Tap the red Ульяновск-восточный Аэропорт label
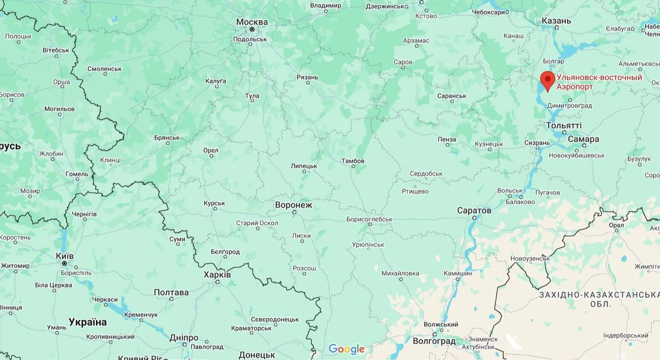pos(599,82)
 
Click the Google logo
pos(346,349)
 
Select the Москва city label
pos(252,22)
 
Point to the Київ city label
pos(65,256)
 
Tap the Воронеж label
pos(293,205)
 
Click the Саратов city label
pos(474,210)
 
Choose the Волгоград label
pos(434,341)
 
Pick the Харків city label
pos(217,275)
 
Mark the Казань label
pos(556,21)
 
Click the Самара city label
pos(583,139)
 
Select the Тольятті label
pos(564,125)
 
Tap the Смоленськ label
pos(104,69)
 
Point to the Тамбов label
pos(353,161)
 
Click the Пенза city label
pos(447,139)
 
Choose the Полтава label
pos(171,292)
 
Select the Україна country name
pos(87,322)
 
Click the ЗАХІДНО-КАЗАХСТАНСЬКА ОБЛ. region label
pos(599,299)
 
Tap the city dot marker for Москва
pos(252,30)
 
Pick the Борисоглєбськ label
pos(369,219)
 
